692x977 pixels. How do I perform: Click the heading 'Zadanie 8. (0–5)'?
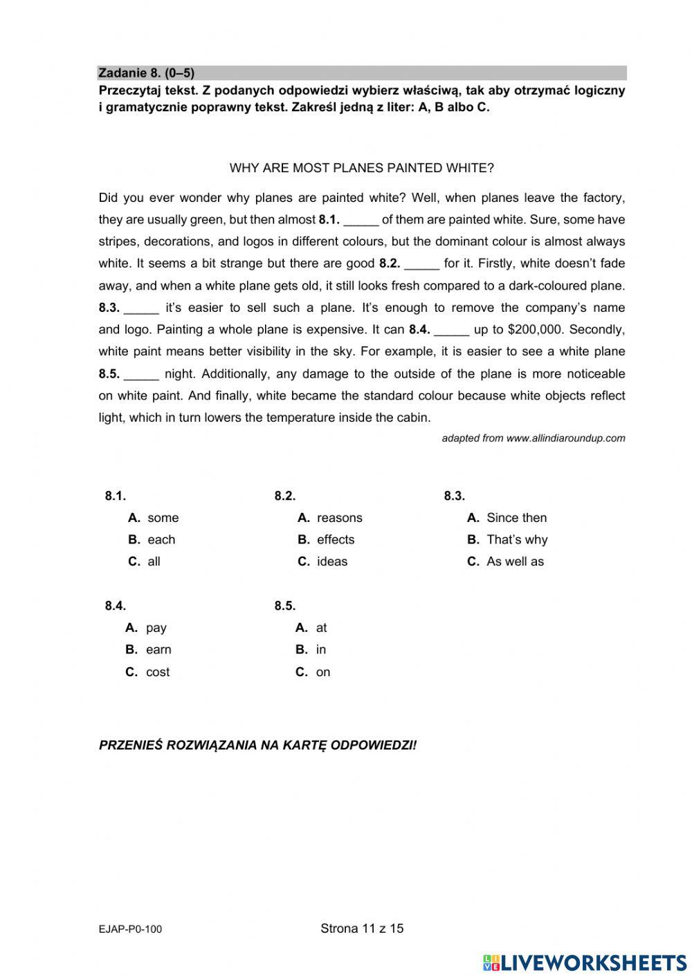(147, 73)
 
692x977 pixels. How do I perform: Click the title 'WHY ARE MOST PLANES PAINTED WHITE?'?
(361, 168)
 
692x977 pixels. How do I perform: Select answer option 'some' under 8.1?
(163, 518)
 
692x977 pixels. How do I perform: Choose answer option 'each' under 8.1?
(161, 540)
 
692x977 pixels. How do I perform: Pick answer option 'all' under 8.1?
(154, 561)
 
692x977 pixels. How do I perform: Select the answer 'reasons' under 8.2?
(339, 518)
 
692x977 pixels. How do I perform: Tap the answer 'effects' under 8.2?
(335, 540)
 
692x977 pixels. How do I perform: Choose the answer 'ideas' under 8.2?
(332, 561)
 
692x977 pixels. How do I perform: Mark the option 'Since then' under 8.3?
(516, 518)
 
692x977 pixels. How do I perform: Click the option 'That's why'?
(516, 540)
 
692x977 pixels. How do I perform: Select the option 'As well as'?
(515, 561)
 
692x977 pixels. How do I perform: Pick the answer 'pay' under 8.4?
(156, 628)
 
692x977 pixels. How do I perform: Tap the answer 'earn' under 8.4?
(158, 650)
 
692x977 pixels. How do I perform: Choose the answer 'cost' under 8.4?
(158, 672)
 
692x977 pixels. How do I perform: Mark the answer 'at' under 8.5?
(321, 628)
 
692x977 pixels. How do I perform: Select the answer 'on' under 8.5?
(323, 672)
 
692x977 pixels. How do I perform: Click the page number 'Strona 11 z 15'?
(362, 929)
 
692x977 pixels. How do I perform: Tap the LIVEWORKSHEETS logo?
(585, 962)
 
